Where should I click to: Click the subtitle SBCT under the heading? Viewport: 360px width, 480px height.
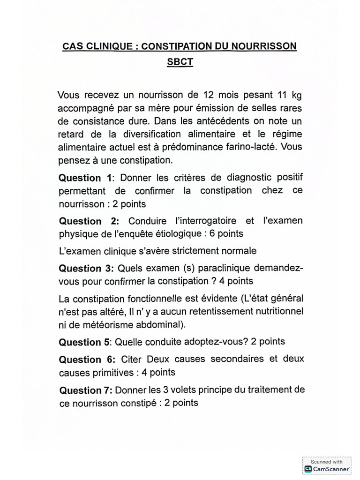tap(180, 63)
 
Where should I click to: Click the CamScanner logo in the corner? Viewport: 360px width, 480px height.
tap(308, 469)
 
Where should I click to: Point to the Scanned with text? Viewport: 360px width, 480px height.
tap(327, 462)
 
